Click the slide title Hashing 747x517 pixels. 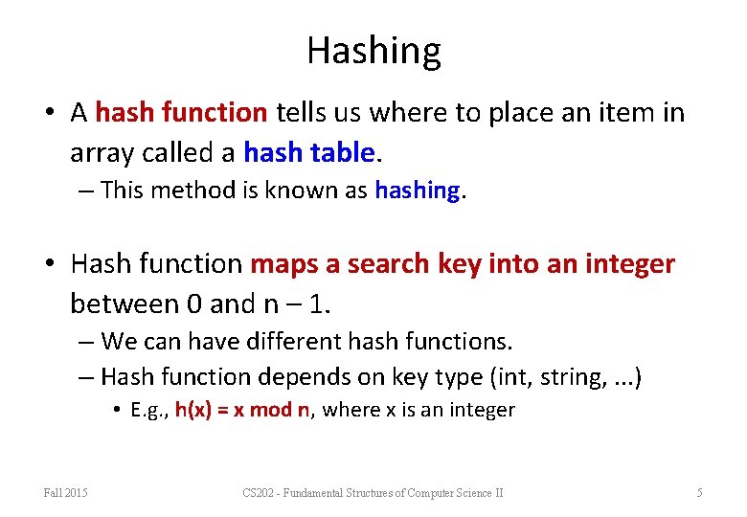click(373, 50)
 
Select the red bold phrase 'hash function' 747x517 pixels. click(181, 113)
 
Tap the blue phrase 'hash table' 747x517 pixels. click(306, 152)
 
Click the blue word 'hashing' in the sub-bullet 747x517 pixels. click(418, 191)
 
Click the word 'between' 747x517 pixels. click(124, 303)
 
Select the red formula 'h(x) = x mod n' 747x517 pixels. click(242, 411)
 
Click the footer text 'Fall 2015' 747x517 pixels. click(66, 492)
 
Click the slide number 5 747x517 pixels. click(699, 492)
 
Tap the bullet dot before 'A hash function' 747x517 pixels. click(50, 114)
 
